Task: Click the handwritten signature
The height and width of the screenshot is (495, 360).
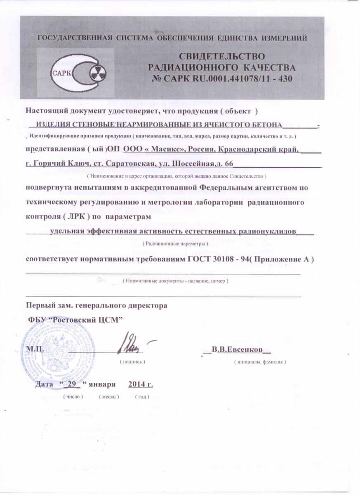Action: click(132, 342)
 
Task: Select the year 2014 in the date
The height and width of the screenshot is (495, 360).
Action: click(137, 385)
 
